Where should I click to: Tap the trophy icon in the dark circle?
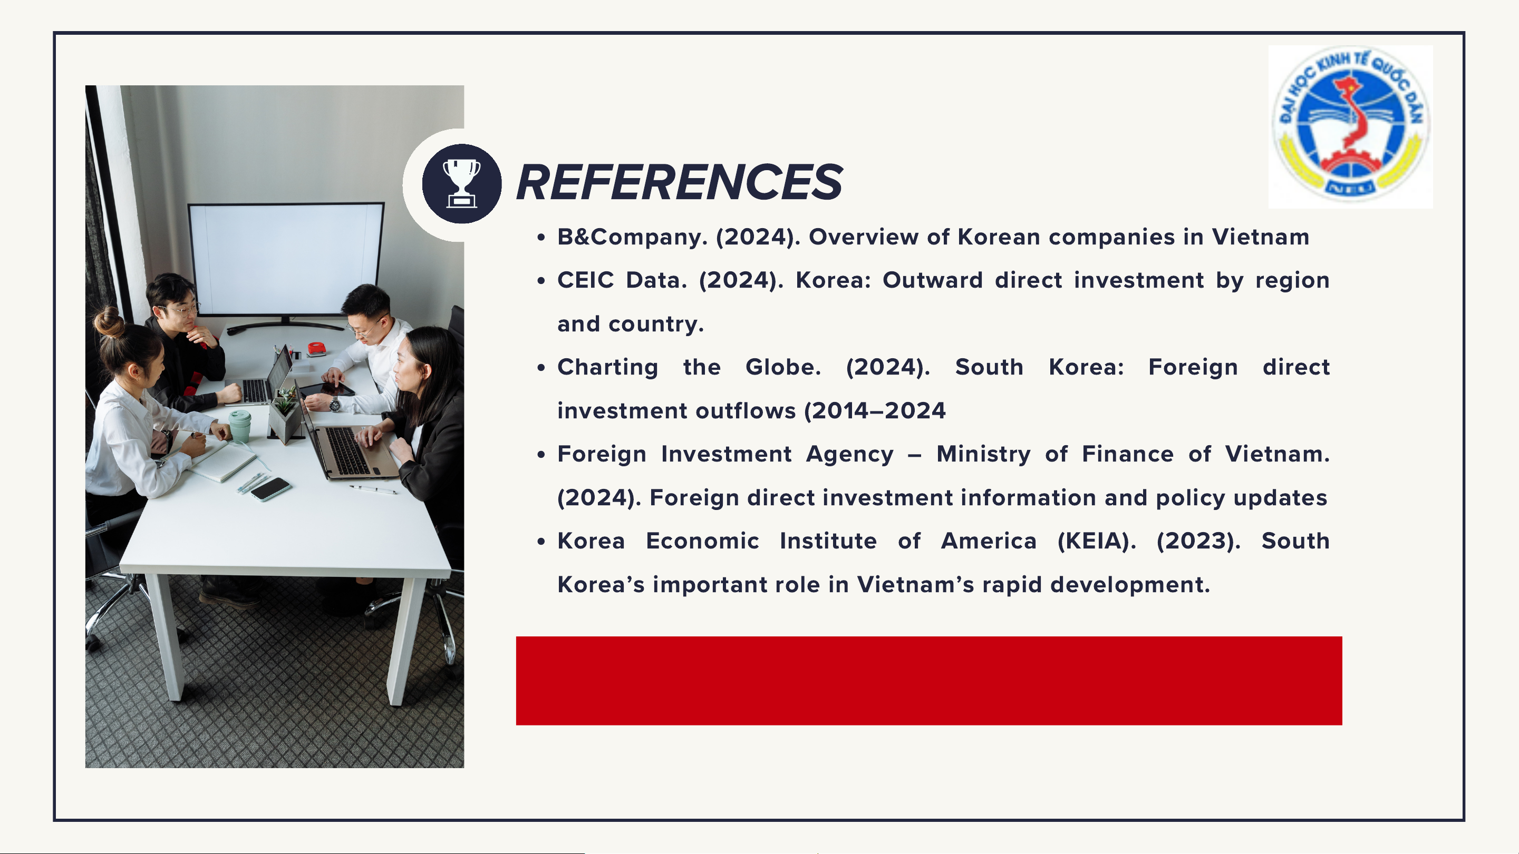[x=462, y=183]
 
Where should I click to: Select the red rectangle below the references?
[x=928, y=681]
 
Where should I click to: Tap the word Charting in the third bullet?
[x=607, y=368]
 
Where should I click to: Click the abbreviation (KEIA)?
[x=1096, y=541]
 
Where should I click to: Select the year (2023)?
[x=1198, y=541]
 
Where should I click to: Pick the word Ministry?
[x=983, y=455]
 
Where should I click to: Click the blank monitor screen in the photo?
[x=286, y=259]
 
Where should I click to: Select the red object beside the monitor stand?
[x=317, y=348]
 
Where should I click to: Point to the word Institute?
[x=828, y=541]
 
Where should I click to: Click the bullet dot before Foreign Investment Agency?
[x=541, y=455]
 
